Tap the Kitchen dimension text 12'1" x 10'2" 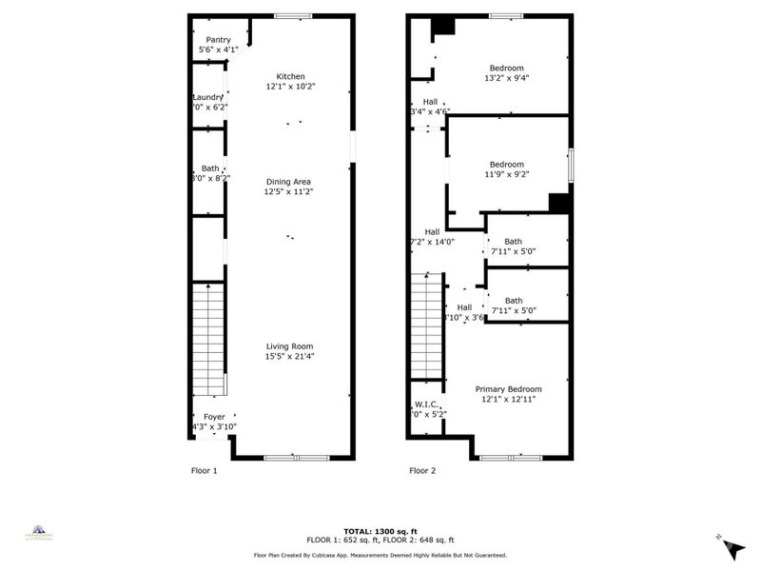290,87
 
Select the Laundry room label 207,97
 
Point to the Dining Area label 288,182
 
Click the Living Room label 289,346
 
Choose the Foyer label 214,417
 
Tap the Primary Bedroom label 508,389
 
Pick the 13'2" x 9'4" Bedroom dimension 507,79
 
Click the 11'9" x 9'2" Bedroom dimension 507,175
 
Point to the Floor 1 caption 205,470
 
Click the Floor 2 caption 422,470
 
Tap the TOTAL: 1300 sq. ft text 380,532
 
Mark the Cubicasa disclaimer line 380,555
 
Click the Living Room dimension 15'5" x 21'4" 289,357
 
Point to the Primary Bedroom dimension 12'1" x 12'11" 508,400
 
